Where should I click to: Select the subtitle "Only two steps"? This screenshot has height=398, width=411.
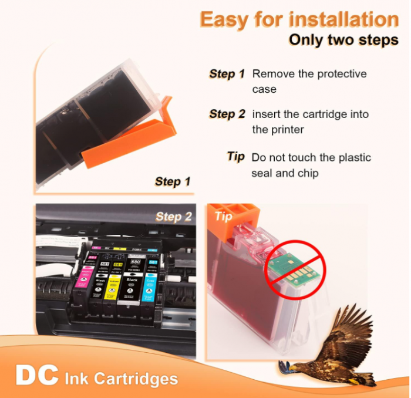click(x=343, y=41)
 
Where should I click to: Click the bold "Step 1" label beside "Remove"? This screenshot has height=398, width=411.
click(x=227, y=74)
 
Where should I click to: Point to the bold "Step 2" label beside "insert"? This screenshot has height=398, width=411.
click(x=227, y=114)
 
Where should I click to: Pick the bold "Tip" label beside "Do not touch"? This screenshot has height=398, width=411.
click(x=235, y=157)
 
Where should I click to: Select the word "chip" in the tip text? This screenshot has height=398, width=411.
click(x=305, y=173)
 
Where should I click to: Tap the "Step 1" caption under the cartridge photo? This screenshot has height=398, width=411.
click(x=173, y=181)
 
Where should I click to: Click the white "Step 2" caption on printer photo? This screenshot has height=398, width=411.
click(x=173, y=217)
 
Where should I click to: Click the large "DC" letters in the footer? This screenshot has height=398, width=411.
click(x=36, y=376)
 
